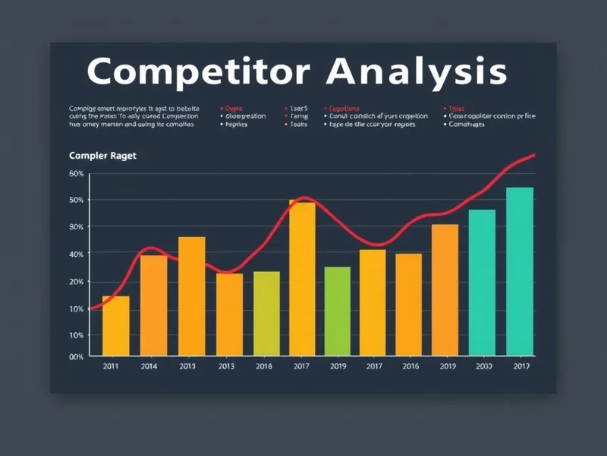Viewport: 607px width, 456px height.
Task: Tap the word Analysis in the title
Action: click(x=417, y=71)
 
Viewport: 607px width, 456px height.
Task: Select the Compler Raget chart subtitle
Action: click(x=102, y=156)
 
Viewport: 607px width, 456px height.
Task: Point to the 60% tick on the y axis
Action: click(x=76, y=173)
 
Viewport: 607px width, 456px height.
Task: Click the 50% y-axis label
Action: click(x=76, y=200)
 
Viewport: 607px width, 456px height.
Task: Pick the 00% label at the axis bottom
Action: click(x=76, y=356)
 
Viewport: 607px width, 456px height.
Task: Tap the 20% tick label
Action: click(x=76, y=281)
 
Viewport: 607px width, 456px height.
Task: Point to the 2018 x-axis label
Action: click(x=264, y=366)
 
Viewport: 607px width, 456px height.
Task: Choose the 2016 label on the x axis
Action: click(x=410, y=366)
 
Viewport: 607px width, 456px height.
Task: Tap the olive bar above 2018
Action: click(x=266, y=313)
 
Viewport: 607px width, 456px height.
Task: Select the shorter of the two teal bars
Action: click(x=482, y=282)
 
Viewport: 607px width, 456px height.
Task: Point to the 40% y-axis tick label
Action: click(x=76, y=253)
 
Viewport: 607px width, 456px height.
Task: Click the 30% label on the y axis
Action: click(x=76, y=226)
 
